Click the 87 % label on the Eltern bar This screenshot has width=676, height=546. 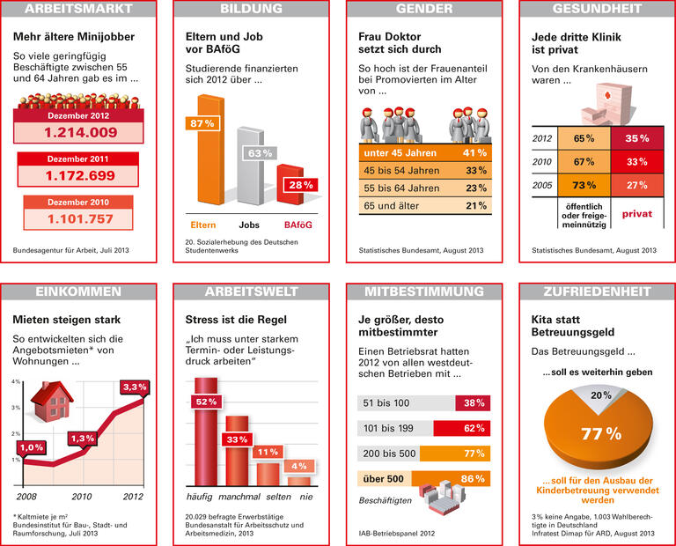coord(202,123)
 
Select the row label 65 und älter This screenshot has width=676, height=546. coord(389,205)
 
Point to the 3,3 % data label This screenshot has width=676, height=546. coord(134,387)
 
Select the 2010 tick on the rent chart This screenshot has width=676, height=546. coord(82,497)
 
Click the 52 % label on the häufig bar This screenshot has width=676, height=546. coord(204,402)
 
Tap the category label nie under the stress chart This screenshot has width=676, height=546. coord(305,498)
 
